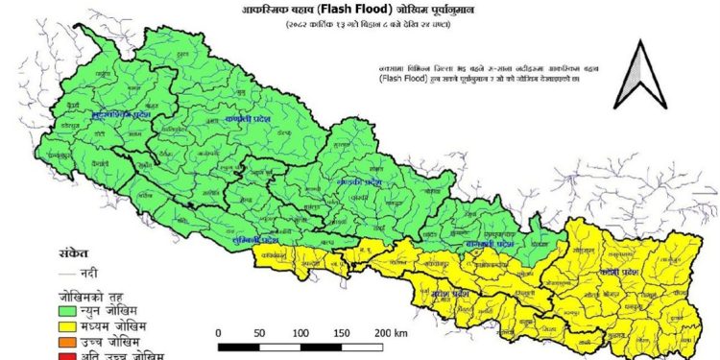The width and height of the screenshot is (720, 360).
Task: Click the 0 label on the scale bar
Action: [x=220, y=332]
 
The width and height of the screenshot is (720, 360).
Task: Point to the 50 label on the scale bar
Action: [x=260, y=332]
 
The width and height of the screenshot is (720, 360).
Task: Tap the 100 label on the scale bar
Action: [x=300, y=332]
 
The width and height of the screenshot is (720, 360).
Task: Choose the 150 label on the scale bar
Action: [x=342, y=332]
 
